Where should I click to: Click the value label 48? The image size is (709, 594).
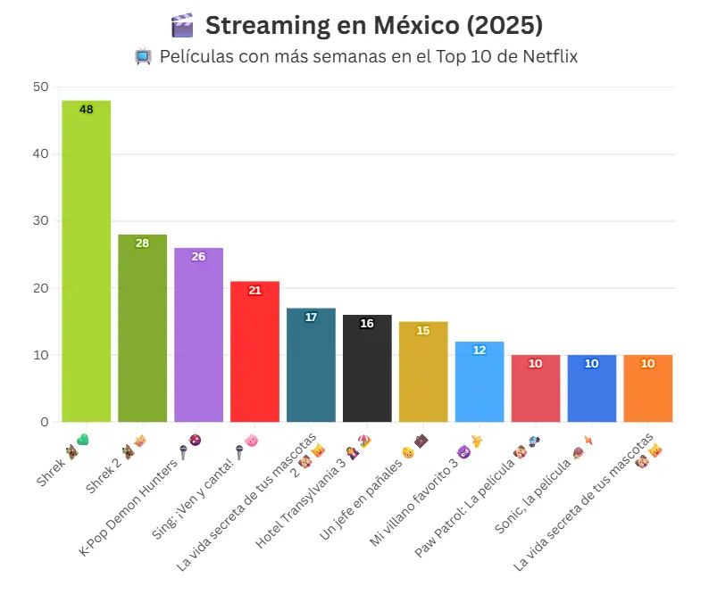coord(86,110)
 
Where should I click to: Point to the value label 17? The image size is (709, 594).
coord(311,318)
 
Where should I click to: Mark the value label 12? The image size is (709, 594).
coord(480,351)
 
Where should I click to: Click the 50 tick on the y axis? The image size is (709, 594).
coord(39,87)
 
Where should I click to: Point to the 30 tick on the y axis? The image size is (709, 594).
coord(39,221)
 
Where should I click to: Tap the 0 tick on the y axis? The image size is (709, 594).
coord(44,422)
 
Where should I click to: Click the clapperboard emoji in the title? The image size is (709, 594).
coord(181,26)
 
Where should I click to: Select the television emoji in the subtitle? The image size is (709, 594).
coord(142,58)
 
